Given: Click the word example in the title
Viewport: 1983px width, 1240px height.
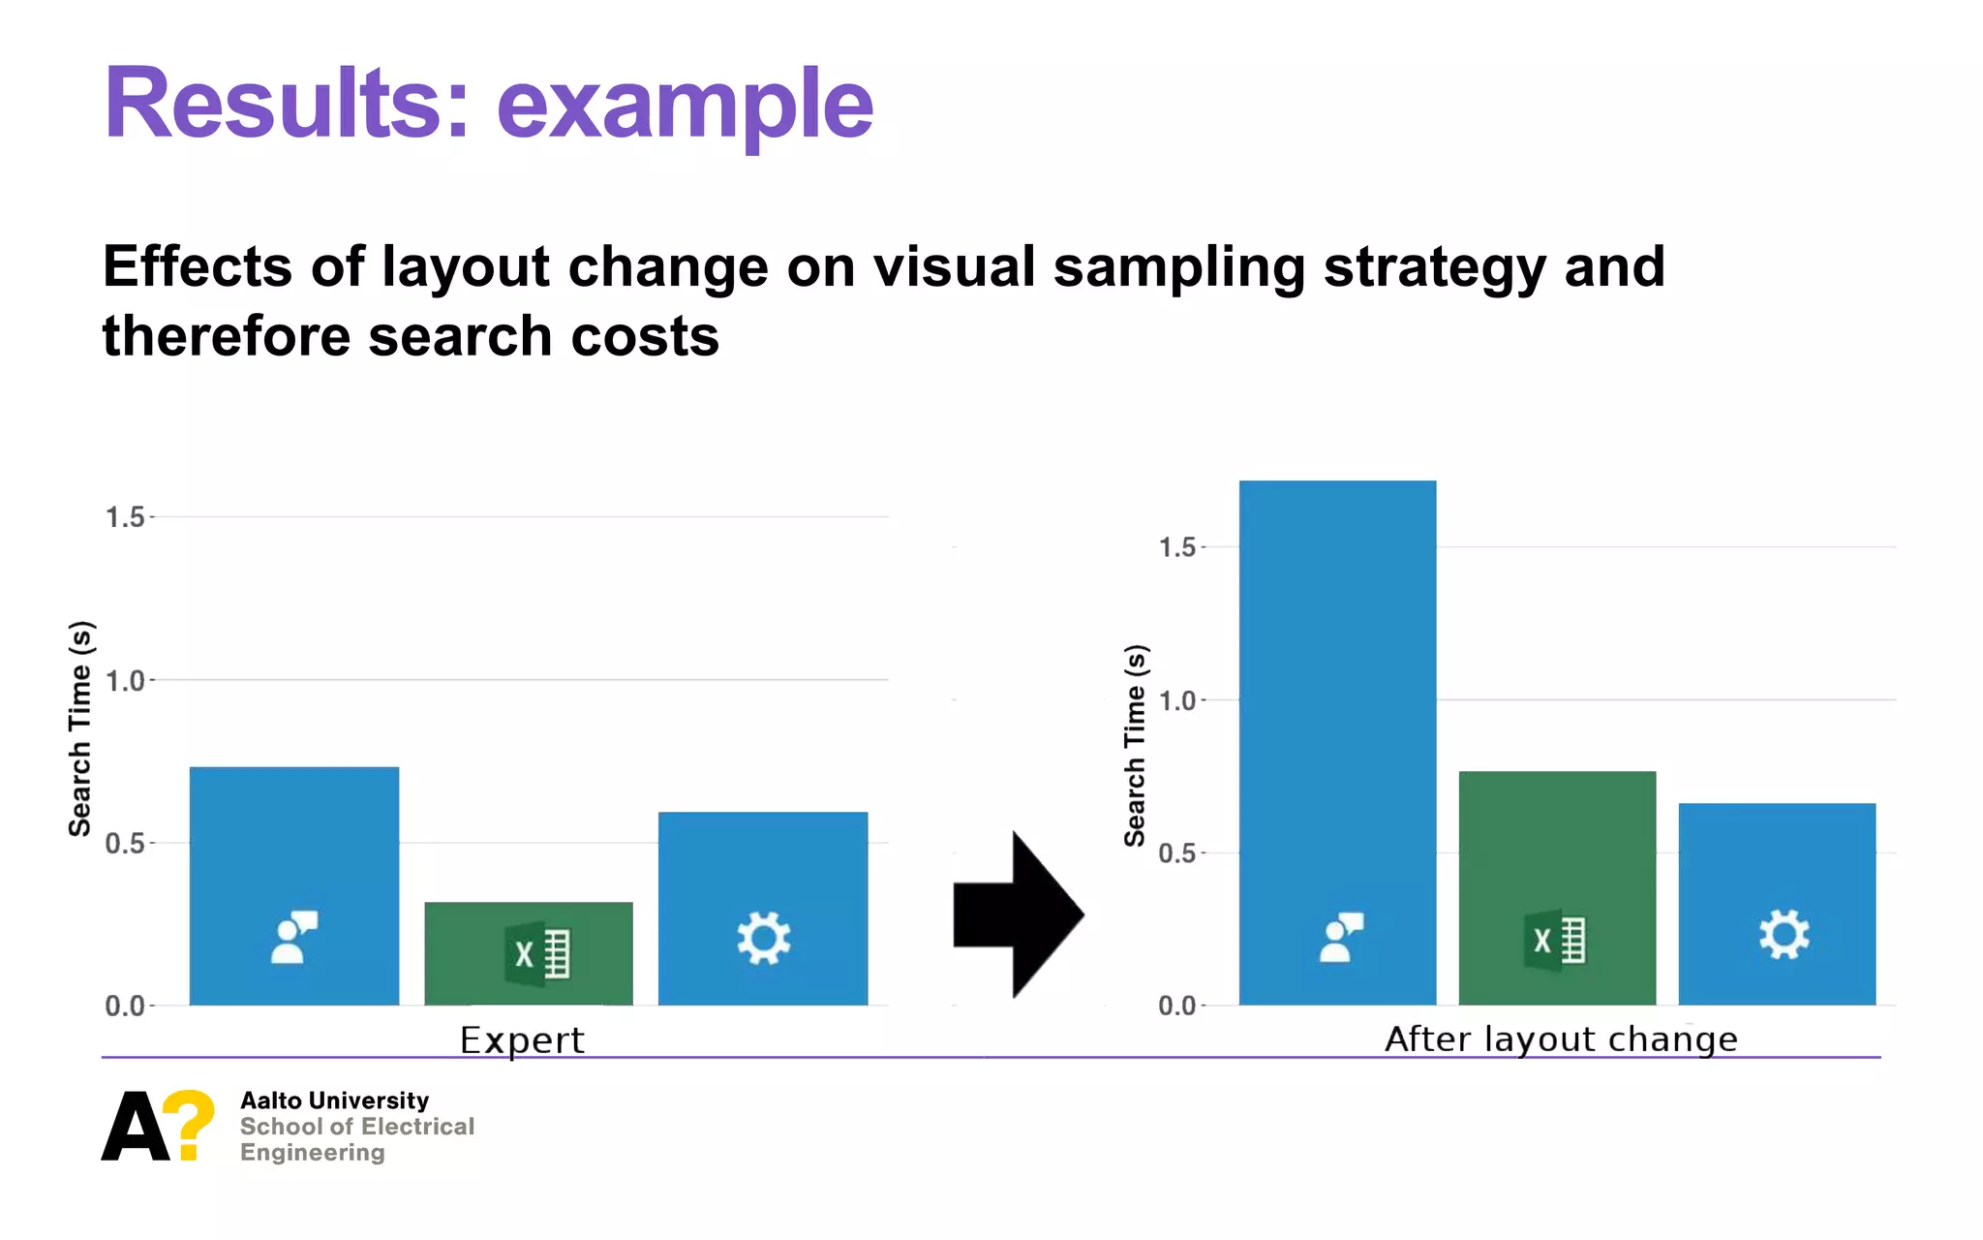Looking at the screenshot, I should click(685, 105).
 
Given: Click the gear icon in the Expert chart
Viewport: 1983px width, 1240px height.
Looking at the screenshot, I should click(764, 938).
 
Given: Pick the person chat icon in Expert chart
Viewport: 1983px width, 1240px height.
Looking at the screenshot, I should click(293, 937).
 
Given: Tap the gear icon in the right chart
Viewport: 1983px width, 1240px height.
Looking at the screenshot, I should click(1784, 935).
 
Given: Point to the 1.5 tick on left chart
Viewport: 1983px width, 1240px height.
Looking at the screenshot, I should click(125, 517).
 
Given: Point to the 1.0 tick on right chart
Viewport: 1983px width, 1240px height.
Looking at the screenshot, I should click(1177, 700).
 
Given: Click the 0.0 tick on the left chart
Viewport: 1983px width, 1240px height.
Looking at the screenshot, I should click(125, 1006).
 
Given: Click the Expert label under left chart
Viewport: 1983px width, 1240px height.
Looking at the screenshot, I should click(522, 1040).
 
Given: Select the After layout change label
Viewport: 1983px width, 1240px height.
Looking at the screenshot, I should click(1561, 1039).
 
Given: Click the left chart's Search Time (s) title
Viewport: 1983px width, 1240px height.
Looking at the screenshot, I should click(80, 728).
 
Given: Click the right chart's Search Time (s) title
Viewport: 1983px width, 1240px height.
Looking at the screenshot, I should click(1135, 746).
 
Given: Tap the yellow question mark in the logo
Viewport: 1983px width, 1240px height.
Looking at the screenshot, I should click(189, 1124).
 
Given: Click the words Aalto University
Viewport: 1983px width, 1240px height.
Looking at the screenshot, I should click(334, 1100).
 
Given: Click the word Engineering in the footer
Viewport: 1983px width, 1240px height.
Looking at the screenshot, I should click(312, 1153).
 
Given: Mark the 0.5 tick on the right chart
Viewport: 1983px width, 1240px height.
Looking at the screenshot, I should click(1177, 853).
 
